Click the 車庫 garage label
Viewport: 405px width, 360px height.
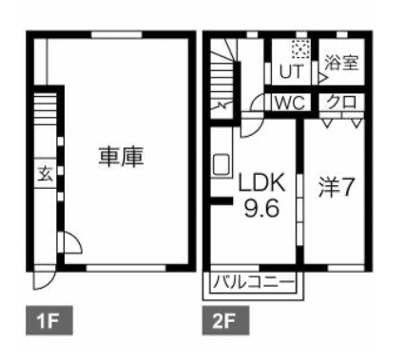(121, 157)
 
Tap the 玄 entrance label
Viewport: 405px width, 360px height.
(45, 174)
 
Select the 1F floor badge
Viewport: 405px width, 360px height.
(49, 320)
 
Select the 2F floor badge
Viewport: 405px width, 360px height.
(225, 320)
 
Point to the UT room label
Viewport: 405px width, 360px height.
(291, 71)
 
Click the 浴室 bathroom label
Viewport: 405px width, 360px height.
(341, 62)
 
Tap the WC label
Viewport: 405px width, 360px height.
(289, 103)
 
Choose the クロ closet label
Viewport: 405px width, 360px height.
(341, 103)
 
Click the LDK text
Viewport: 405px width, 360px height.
(261, 181)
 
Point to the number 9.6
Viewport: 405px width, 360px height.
(261, 208)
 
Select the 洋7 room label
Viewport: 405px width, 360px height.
(336, 186)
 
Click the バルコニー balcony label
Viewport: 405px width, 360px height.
(255, 281)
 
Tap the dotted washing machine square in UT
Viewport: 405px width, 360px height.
(300, 49)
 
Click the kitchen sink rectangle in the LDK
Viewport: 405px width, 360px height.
(222, 164)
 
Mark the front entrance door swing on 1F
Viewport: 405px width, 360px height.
(45, 278)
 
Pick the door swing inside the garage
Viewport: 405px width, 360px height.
(70, 243)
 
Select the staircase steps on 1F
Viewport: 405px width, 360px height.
(45, 107)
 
